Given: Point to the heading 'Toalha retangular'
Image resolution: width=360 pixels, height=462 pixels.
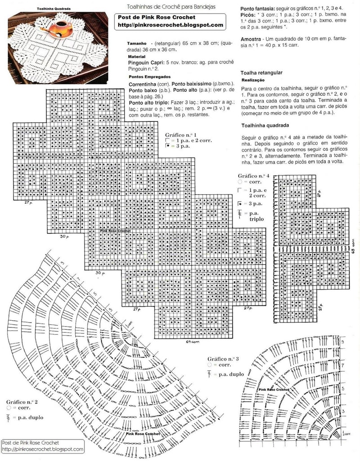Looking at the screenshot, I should pyautogui.click(x=261, y=72).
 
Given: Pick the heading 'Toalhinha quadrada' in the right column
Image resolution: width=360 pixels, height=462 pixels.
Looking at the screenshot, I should pyautogui.click(x=265, y=126).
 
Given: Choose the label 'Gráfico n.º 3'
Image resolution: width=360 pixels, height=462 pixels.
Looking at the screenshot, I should pyautogui.click(x=223, y=359).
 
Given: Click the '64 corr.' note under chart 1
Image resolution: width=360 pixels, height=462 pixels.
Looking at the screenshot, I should pyautogui.click(x=193, y=342).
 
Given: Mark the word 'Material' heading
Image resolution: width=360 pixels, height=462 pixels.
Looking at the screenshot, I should pyautogui.click(x=138, y=57).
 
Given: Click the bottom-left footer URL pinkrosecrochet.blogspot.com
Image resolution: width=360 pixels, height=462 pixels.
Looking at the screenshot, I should pyautogui.click(x=43, y=449).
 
